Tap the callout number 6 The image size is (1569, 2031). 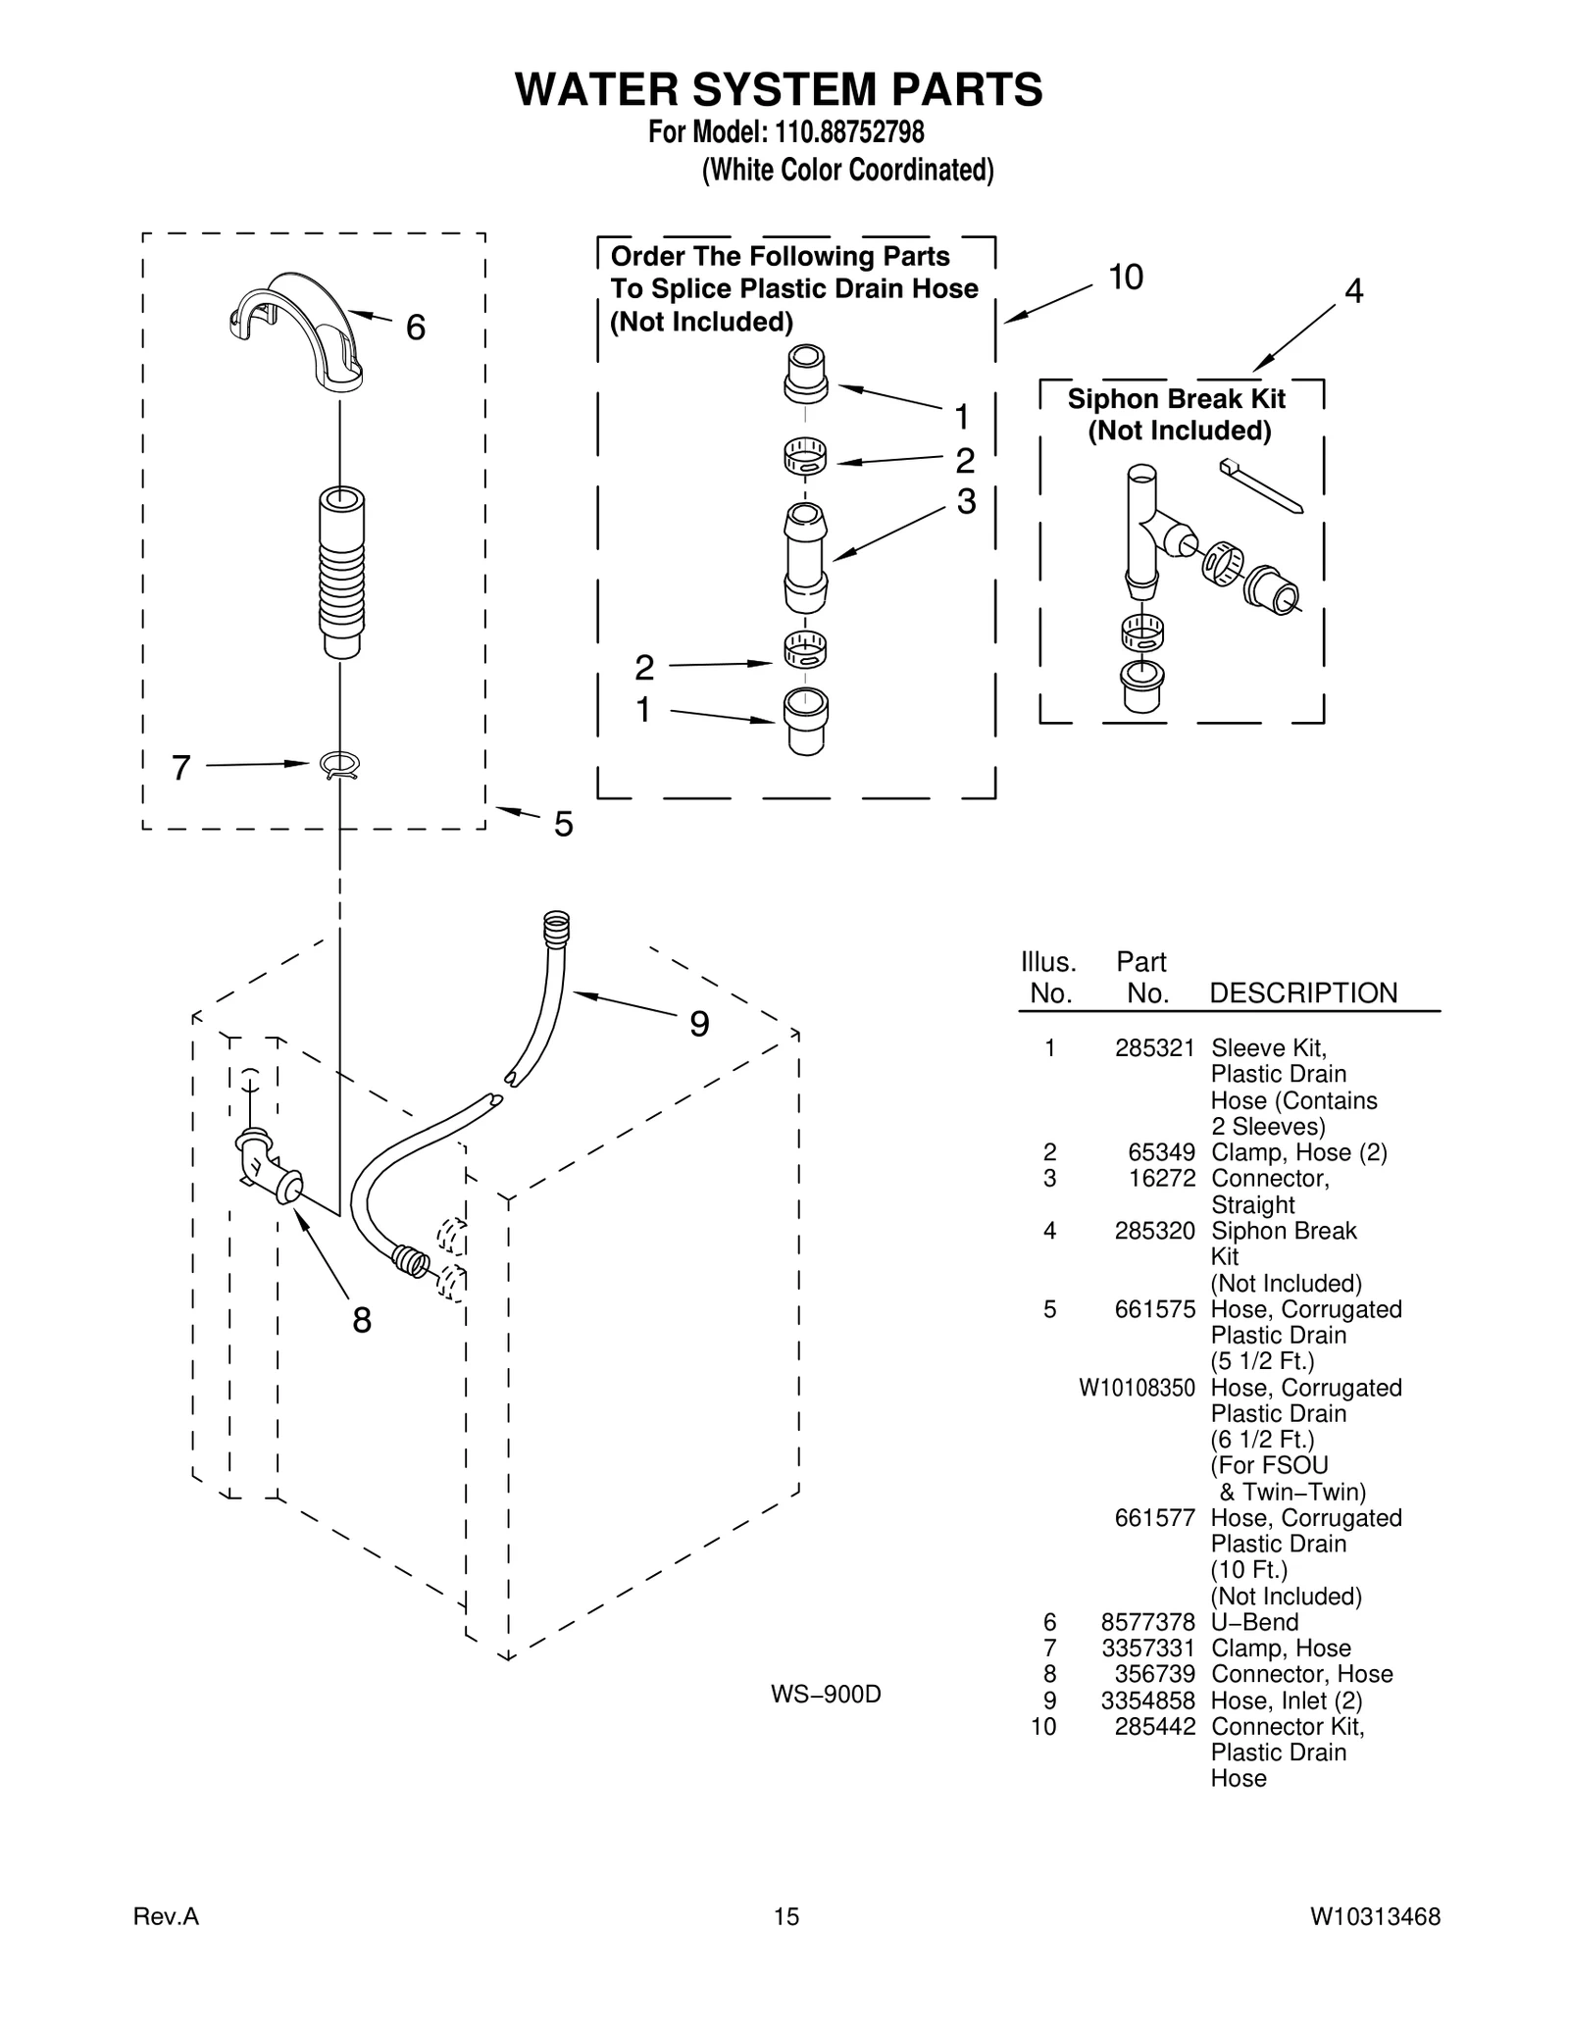[x=416, y=328]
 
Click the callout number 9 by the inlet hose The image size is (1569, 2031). [x=698, y=1025]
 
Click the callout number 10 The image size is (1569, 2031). [x=1126, y=279]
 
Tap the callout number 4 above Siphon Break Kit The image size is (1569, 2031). [x=1353, y=291]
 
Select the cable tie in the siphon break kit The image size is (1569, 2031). [x=1261, y=485]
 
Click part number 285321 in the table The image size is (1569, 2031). [x=1154, y=1048]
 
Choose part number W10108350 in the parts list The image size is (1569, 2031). [x=1137, y=1388]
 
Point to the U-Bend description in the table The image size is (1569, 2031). [x=1254, y=1622]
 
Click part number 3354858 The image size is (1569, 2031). [x=1147, y=1701]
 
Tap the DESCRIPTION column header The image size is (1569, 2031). [x=1302, y=993]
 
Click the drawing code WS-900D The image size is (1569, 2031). [x=826, y=1694]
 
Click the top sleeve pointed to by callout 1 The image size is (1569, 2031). [x=806, y=374]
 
